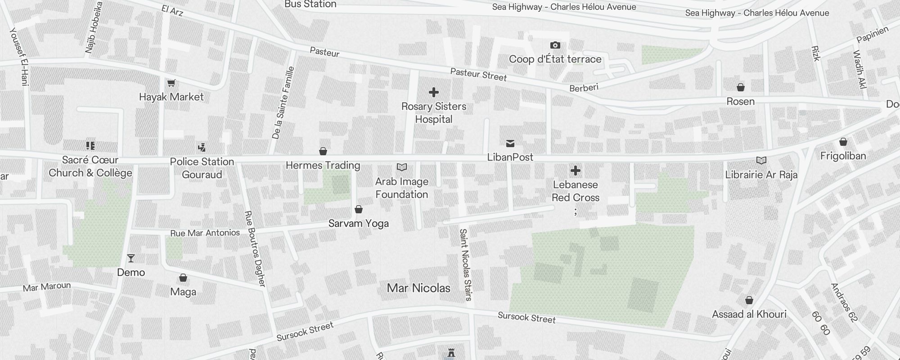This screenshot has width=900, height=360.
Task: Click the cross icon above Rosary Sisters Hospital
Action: (434, 93)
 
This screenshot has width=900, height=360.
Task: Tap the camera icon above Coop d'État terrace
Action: (555, 45)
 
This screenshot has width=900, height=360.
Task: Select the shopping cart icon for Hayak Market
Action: (171, 83)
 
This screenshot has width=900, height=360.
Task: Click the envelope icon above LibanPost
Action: (510, 144)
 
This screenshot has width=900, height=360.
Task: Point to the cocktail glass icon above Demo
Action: (131, 258)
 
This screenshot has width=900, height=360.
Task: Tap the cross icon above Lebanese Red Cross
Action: (575, 171)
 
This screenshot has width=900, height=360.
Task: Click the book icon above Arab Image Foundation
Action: (402, 167)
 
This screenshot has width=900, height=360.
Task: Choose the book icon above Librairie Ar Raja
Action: (761, 161)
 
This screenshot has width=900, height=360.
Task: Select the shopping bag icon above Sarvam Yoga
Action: (359, 209)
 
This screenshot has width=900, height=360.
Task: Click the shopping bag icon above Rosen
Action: (741, 87)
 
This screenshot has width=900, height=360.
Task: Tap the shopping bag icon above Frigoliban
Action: (843, 142)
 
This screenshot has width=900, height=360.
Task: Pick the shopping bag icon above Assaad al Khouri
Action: (749, 300)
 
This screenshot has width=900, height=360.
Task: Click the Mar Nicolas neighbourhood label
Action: (418, 288)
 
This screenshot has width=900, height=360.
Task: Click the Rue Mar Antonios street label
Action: (205, 233)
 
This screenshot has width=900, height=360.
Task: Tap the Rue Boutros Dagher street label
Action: (255, 248)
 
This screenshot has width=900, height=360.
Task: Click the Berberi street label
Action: (584, 88)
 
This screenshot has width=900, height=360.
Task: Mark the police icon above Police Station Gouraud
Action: (202, 147)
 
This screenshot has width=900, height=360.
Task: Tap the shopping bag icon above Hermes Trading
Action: (323, 151)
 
